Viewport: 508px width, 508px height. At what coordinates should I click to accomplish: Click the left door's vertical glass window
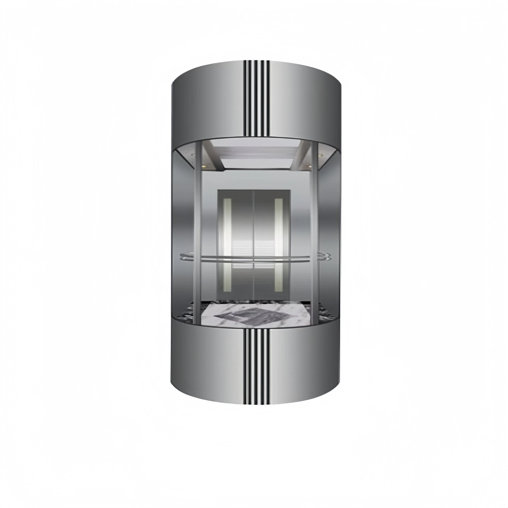click(x=227, y=244)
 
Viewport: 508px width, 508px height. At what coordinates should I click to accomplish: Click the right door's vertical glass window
click(x=279, y=244)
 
